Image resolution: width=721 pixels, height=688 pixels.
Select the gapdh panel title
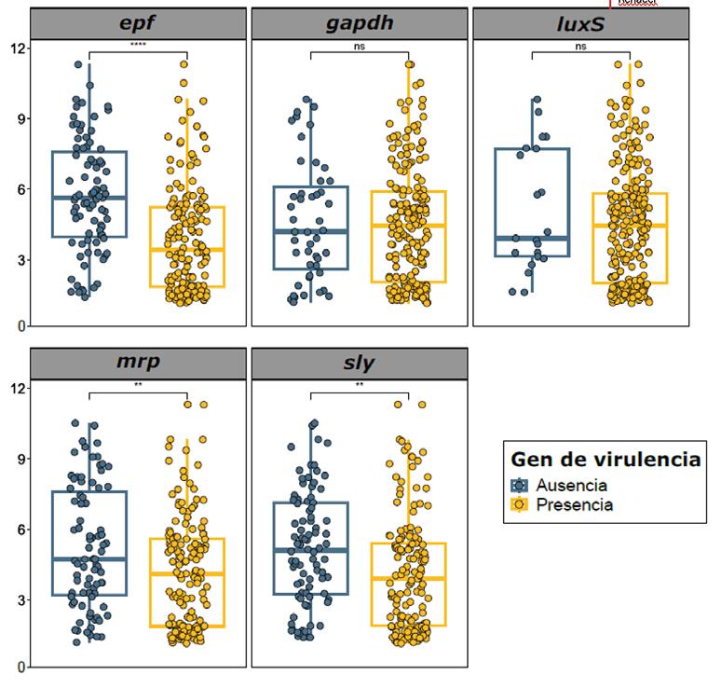pyautogui.click(x=360, y=23)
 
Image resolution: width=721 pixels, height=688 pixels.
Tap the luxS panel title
pyautogui.click(x=580, y=23)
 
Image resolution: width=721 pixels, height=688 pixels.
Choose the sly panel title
pyautogui.click(x=360, y=363)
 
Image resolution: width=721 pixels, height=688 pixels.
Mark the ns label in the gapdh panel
pyautogui.click(x=360, y=45)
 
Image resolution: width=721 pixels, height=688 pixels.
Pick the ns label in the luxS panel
pyautogui.click(x=580, y=45)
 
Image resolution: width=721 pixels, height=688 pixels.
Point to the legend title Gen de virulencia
pyautogui.click(x=605, y=460)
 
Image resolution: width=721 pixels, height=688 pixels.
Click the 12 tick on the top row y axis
pyautogui.click(x=19, y=48)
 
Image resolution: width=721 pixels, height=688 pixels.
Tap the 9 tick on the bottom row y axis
pyautogui.click(x=21, y=459)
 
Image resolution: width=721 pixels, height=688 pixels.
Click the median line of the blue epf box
pyautogui.click(x=90, y=198)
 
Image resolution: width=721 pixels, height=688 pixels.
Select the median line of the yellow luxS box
pyautogui.click(x=630, y=226)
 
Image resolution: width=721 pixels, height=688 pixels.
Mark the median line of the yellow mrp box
pyautogui.click(x=186, y=573)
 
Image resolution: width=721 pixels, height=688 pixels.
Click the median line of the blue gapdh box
pyautogui.click(x=311, y=230)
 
